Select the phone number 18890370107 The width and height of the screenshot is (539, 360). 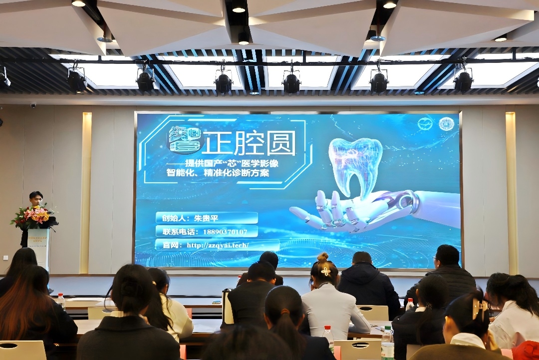(x=225, y=232)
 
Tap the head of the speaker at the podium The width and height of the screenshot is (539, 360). (x=35, y=198)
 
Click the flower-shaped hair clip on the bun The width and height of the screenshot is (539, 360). (x=325, y=271)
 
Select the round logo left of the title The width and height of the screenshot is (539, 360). (x=184, y=139)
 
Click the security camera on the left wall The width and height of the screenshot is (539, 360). (x=33, y=105)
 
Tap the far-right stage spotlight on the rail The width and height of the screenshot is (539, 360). (x=463, y=80)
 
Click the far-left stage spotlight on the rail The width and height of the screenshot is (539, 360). (x=76, y=81)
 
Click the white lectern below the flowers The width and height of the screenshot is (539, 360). (x=39, y=247)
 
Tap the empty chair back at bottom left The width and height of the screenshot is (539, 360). (x=22, y=350)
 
